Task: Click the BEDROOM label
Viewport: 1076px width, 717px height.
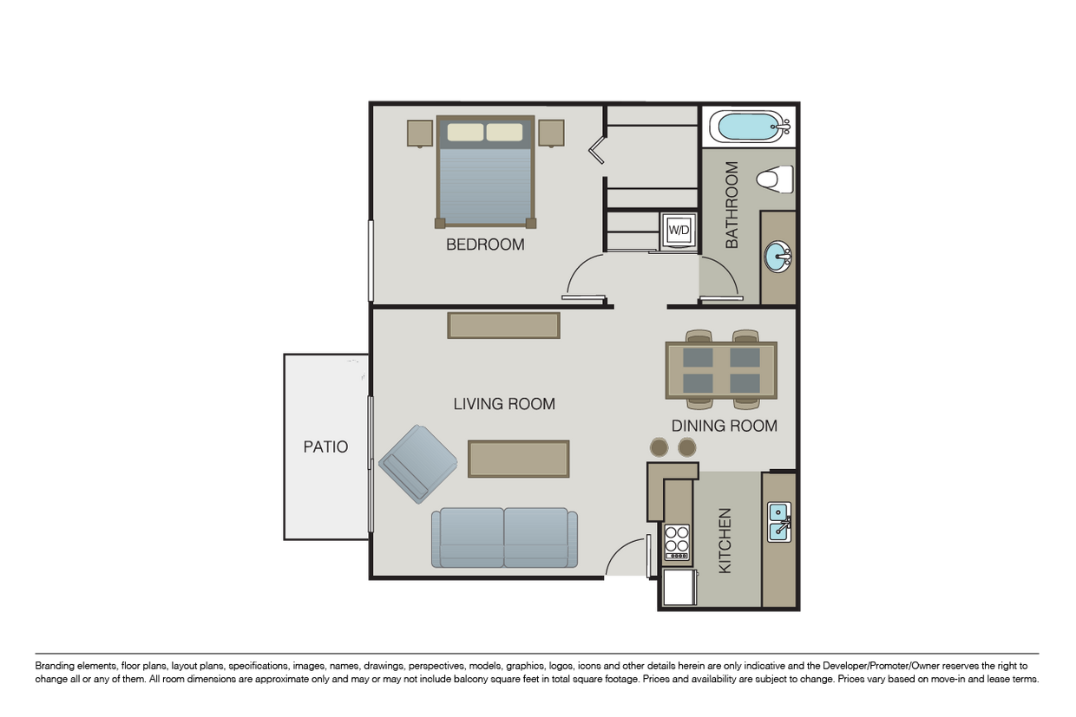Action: click(485, 244)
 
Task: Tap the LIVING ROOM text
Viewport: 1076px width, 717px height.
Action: click(504, 404)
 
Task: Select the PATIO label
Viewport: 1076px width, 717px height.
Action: click(325, 447)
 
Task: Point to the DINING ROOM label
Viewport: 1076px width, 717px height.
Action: click(724, 426)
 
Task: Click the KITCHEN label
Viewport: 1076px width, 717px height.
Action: click(725, 540)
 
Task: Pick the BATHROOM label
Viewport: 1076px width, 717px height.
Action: click(732, 205)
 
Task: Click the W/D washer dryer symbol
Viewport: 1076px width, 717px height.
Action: click(678, 231)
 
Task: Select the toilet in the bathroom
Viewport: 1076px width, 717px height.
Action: click(775, 179)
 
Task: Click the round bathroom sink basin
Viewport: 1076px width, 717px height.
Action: click(777, 257)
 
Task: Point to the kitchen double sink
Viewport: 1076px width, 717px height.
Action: click(778, 522)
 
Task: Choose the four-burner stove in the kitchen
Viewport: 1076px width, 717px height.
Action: click(677, 543)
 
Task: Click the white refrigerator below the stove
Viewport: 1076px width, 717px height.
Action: click(679, 587)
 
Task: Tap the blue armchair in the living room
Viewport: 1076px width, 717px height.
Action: click(418, 464)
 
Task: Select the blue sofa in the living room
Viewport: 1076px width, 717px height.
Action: click(504, 538)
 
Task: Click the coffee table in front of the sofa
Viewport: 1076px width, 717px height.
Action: click(519, 459)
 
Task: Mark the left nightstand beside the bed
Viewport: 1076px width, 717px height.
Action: click(420, 133)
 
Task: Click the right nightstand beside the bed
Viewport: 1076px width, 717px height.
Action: click(551, 133)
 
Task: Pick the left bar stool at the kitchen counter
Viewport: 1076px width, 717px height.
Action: click(659, 447)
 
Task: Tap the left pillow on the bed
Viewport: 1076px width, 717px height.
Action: click(465, 132)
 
